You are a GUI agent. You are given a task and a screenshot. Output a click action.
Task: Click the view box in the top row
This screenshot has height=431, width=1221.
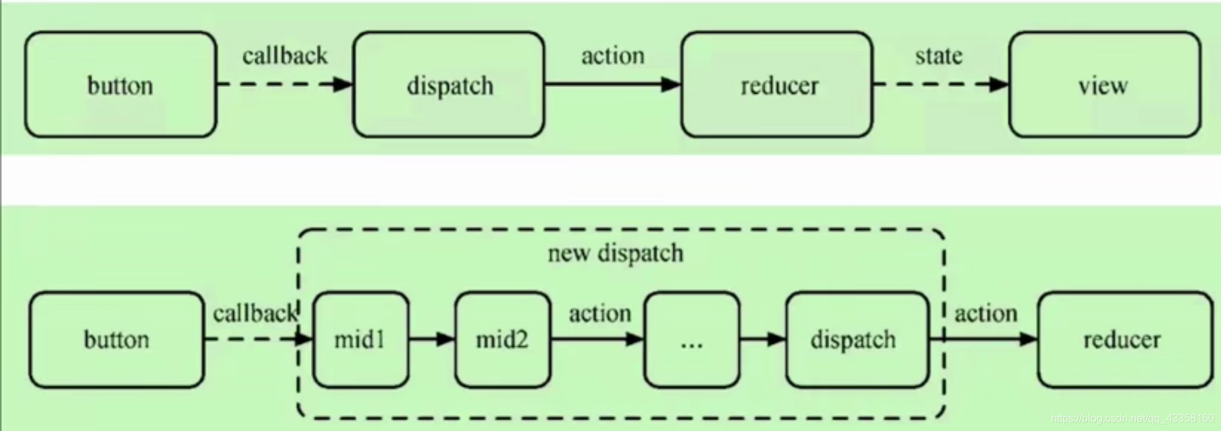point(1105,84)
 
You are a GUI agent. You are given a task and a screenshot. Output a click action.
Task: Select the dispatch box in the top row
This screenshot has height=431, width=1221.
point(449,84)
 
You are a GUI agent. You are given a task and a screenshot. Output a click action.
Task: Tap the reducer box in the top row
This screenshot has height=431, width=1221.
point(777,84)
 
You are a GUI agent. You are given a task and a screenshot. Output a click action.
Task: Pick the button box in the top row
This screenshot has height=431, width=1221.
point(121,84)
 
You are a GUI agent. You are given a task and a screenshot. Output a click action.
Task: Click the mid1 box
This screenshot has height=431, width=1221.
point(361,339)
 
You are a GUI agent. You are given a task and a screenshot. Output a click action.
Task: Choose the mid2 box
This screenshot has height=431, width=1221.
point(503,339)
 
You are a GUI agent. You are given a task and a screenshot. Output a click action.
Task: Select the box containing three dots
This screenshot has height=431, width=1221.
point(692,339)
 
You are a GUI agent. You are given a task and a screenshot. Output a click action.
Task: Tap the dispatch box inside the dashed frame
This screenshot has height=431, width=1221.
point(857,339)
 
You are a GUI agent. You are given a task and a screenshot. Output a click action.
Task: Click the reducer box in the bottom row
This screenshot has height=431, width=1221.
point(1125,339)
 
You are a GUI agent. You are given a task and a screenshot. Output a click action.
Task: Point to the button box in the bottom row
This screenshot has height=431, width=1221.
point(117,339)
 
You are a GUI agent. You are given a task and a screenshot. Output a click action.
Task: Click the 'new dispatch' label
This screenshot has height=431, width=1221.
point(615,253)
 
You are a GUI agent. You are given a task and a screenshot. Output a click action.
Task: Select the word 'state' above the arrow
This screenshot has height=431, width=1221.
point(939,55)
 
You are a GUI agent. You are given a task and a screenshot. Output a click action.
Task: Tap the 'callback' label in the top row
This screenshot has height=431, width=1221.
point(285,55)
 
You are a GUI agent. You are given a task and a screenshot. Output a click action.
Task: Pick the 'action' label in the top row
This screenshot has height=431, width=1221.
point(613,55)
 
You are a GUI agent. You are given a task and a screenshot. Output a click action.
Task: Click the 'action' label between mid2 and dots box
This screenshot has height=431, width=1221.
point(600,313)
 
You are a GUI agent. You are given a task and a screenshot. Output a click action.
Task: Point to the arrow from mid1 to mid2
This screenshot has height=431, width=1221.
point(432,339)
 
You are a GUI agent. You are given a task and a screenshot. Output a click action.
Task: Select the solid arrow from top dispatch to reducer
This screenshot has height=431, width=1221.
point(613,84)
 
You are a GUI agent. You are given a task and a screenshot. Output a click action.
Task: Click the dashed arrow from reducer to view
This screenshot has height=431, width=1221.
point(941,84)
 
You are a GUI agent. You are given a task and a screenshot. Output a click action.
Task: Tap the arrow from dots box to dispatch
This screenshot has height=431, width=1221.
point(763,339)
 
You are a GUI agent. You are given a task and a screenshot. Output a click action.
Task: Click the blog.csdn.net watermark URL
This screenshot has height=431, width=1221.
point(1132,418)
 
